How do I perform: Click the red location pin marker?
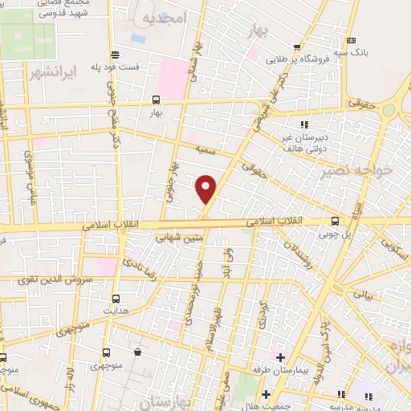point(206,189)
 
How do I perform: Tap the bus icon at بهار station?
point(156,100)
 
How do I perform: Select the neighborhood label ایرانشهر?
point(50,73)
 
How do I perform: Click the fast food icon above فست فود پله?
point(116,55)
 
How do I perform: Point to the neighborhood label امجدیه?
point(165,17)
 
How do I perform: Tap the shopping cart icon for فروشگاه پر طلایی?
point(298,46)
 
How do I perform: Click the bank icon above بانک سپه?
point(350,40)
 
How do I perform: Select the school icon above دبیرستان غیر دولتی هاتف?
point(304,124)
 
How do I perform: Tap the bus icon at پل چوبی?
point(335,221)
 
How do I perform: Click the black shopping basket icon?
point(138,352)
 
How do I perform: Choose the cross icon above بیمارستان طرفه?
point(279,356)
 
